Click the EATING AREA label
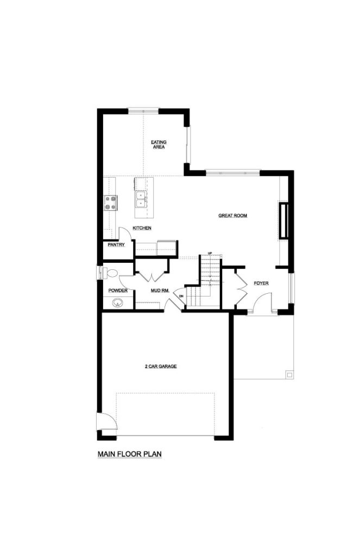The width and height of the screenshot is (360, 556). (x=159, y=144)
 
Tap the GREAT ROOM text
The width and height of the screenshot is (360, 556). (x=233, y=216)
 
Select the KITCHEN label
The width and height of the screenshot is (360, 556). (x=142, y=228)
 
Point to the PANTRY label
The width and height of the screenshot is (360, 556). (x=116, y=245)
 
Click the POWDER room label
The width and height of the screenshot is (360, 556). (x=118, y=291)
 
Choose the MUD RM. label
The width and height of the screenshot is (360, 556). (x=160, y=291)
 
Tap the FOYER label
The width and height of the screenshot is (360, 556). (x=261, y=283)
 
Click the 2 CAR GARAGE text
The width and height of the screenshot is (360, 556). (x=161, y=367)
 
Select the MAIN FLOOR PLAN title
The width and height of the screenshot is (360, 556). (x=129, y=454)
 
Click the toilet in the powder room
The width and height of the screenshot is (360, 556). (x=110, y=273)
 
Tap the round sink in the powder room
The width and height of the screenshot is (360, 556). (x=117, y=303)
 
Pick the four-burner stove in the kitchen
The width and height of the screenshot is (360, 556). (x=111, y=203)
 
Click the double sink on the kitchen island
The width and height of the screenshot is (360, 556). (x=141, y=199)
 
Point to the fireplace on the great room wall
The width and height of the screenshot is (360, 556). (x=283, y=220)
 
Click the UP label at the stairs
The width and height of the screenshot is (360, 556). (x=210, y=253)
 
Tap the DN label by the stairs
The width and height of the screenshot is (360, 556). (x=181, y=296)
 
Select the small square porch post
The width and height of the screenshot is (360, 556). (x=289, y=375)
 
